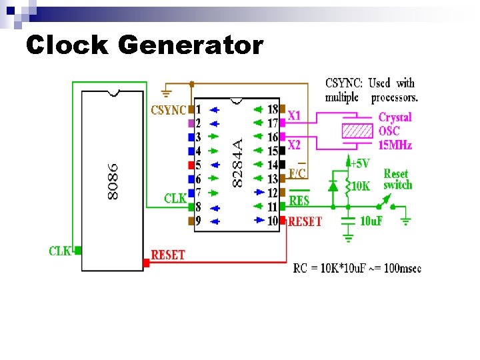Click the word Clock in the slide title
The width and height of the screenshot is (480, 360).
(66, 45)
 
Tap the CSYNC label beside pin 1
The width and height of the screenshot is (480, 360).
(169, 109)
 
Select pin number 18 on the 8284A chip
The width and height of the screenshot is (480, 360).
(273, 109)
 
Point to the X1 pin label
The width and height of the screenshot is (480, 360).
(294, 116)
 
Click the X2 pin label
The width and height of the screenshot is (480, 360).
(294, 145)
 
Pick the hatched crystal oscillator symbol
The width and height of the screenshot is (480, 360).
(357, 130)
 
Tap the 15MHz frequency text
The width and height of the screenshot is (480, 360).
(395, 145)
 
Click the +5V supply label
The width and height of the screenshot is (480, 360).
(361, 163)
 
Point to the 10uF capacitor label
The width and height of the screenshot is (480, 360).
(371, 221)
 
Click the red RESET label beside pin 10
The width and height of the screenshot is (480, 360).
(305, 221)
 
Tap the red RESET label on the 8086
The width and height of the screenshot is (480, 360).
(168, 255)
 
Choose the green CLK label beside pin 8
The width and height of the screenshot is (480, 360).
(175, 198)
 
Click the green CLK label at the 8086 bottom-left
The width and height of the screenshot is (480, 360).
(60, 251)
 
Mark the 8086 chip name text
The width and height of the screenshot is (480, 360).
(113, 181)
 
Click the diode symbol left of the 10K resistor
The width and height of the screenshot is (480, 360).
(333, 186)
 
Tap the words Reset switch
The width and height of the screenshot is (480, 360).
(397, 179)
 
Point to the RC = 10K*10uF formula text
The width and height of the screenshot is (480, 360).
(357, 269)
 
